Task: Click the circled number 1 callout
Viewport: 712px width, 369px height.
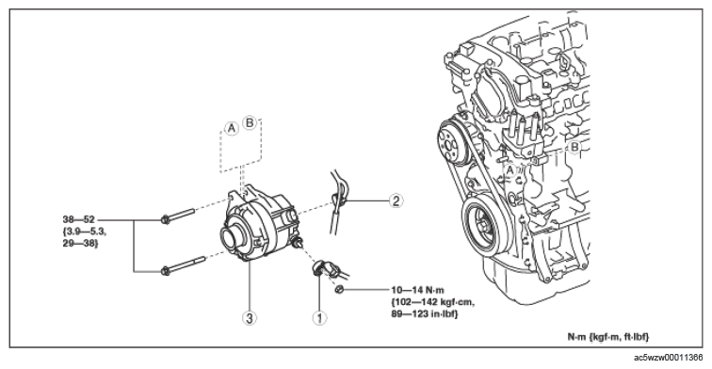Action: click(x=319, y=318)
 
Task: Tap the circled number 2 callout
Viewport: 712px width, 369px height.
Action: click(x=396, y=201)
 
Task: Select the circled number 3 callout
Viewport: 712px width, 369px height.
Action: click(x=250, y=318)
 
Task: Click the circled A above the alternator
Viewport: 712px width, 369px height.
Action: click(x=232, y=128)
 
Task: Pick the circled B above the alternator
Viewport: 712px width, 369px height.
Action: click(x=250, y=122)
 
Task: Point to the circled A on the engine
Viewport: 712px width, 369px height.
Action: click(x=510, y=170)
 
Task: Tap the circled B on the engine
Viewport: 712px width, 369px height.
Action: click(x=574, y=147)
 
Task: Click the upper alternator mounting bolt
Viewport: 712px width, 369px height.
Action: click(x=178, y=216)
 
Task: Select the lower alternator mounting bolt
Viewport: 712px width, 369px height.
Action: click(x=183, y=265)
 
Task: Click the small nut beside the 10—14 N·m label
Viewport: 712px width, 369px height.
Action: click(x=339, y=289)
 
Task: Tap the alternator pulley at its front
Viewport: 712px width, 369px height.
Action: click(x=233, y=236)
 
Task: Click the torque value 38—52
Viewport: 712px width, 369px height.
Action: click(x=79, y=219)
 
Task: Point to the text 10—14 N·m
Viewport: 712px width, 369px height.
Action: click(x=418, y=290)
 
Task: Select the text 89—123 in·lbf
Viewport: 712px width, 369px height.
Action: click(x=425, y=313)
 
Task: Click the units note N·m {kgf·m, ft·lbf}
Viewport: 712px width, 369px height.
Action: click(x=608, y=337)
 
